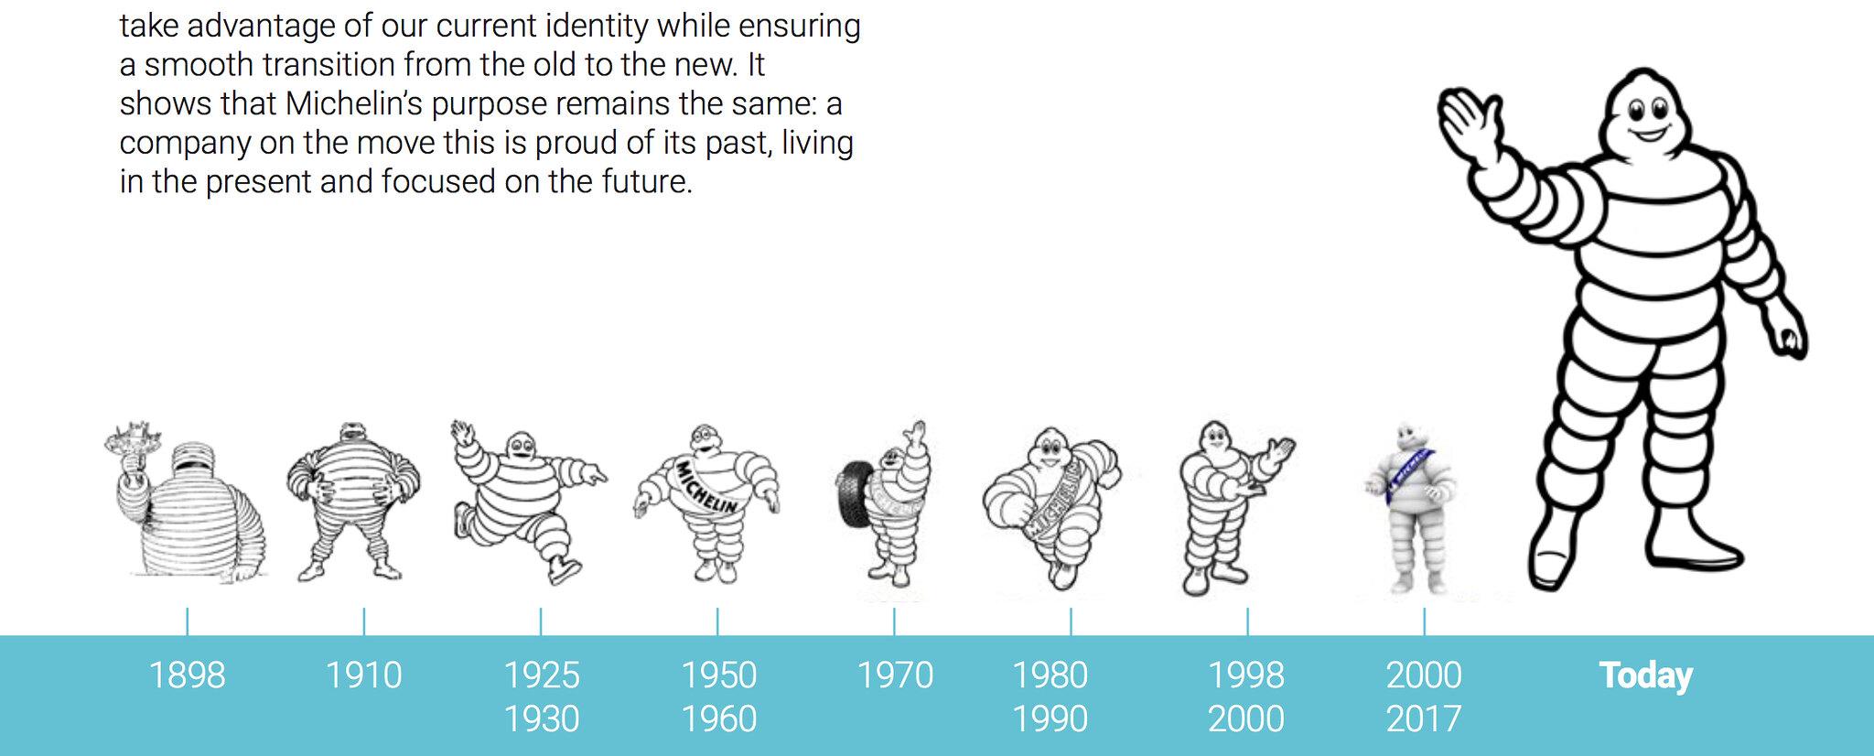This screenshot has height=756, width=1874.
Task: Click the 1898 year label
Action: [x=187, y=675]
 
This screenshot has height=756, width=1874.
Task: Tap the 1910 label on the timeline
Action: [x=363, y=675]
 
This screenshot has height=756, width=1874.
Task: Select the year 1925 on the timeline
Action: [x=542, y=675]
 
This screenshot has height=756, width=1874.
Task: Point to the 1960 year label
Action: [x=719, y=718]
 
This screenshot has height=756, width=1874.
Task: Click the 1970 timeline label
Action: [x=895, y=675]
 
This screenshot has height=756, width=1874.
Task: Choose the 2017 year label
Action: [x=1424, y=718]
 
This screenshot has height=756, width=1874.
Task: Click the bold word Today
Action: [x=1646, y=675]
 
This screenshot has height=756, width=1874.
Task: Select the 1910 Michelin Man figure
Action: [x=353, y=502]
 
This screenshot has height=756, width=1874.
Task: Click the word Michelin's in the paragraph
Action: [x=353, y=103]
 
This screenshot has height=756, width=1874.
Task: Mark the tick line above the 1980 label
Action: [x=1071, y=621]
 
